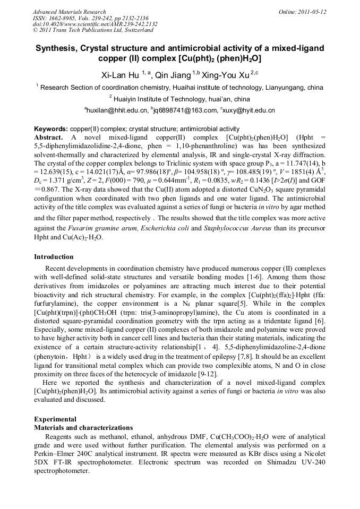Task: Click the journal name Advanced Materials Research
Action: coord(69,12)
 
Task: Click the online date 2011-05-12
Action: coord(312,12)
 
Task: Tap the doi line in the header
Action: coord(95,24)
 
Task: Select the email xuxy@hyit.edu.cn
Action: coord(250,110)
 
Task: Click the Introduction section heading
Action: coord(54,257)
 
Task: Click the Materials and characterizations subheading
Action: coord(83,427)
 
